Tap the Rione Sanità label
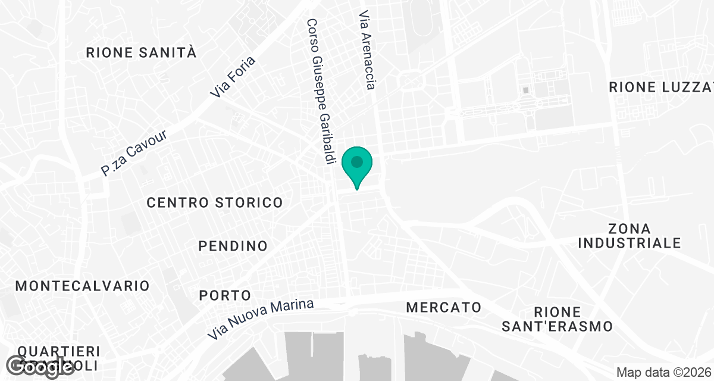141,52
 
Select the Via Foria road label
233,77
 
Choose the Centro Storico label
215,203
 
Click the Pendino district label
233,246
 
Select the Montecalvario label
82,286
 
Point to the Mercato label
443,308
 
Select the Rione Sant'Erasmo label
556,319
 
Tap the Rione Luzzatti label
660,88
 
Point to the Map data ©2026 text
663,373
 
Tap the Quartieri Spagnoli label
58,357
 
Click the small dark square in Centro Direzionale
525,90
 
